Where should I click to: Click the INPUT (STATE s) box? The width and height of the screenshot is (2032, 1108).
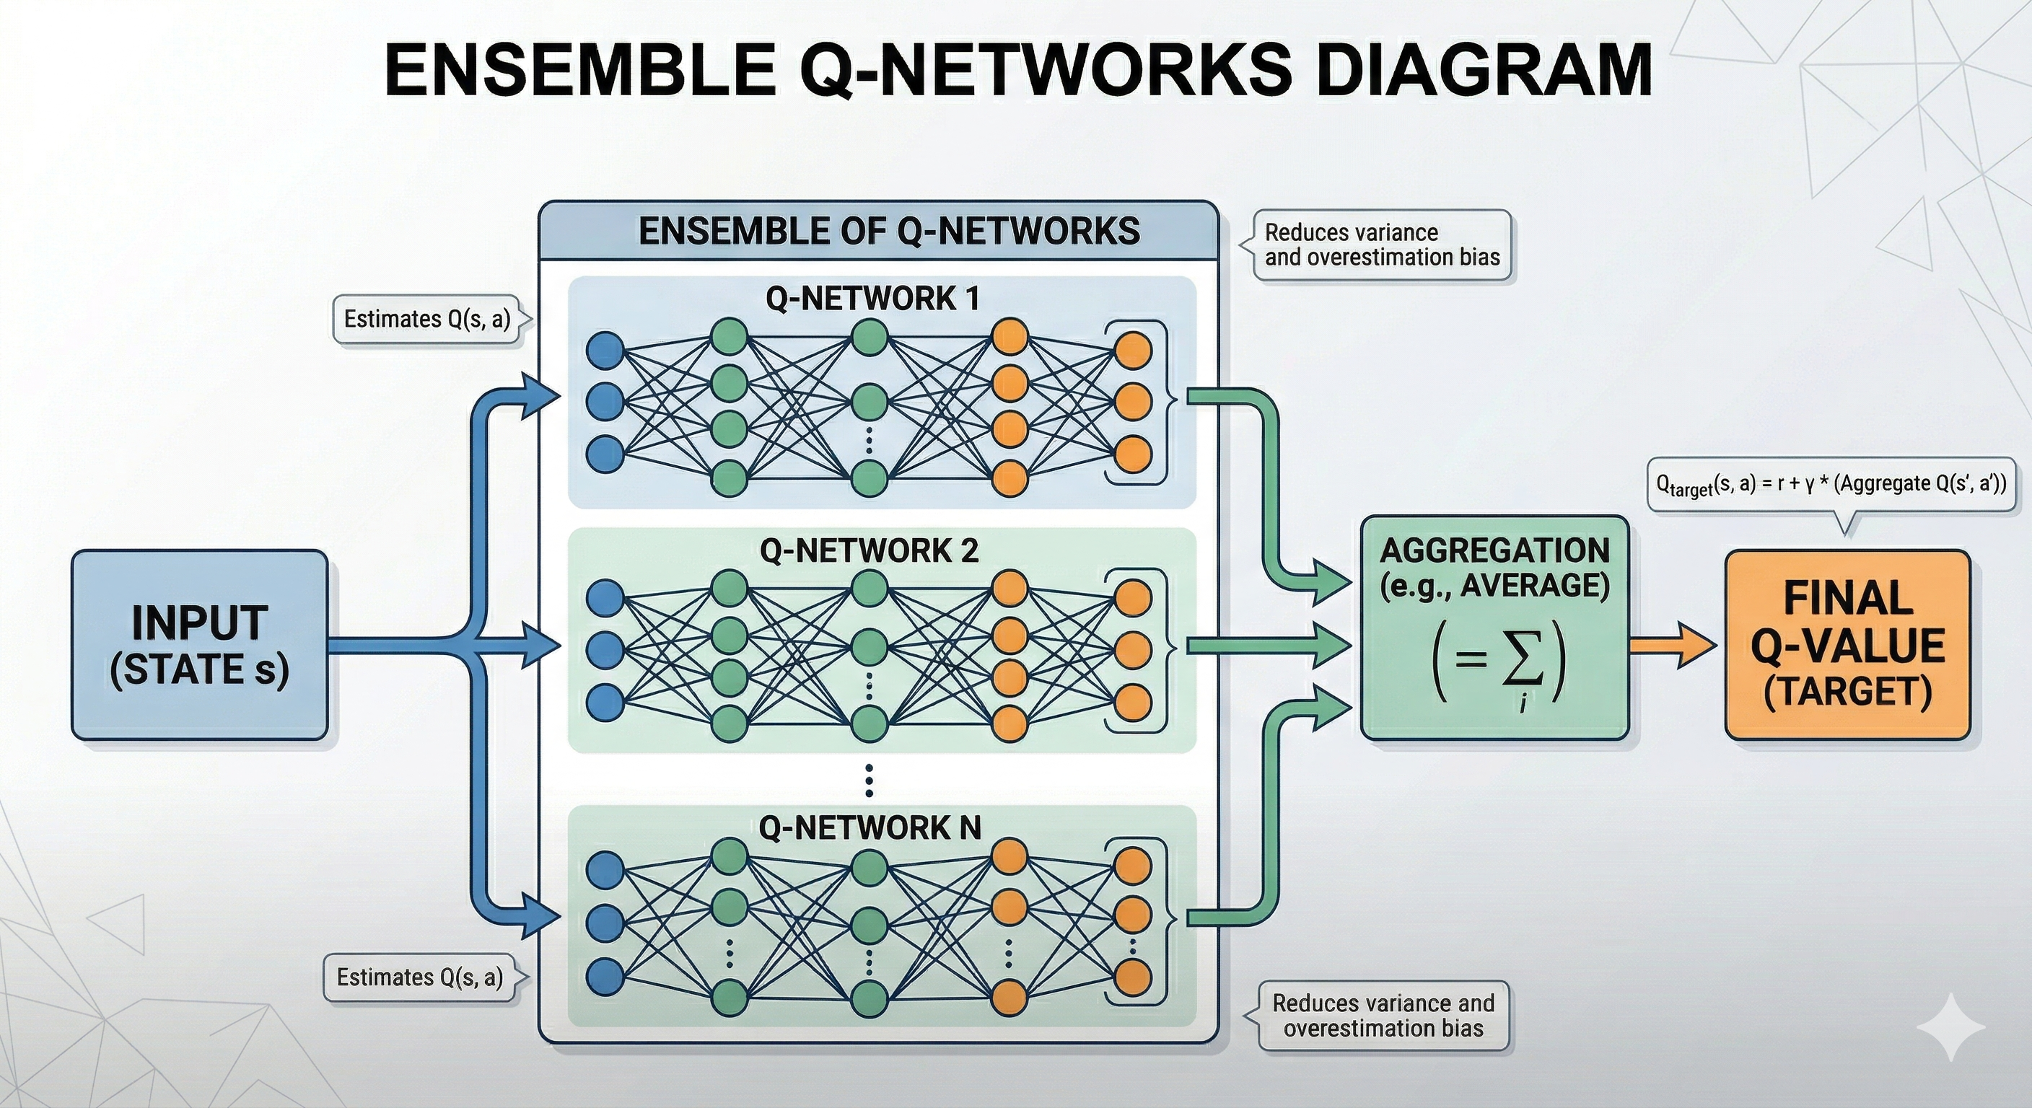200,644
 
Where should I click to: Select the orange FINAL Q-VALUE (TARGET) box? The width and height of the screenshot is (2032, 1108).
1848,644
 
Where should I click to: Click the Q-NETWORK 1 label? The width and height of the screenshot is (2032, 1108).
872,299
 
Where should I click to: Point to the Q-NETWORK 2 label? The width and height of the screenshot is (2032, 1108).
870,550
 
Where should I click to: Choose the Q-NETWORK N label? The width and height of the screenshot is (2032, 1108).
870,827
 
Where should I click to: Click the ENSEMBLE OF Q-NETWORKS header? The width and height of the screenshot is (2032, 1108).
888,231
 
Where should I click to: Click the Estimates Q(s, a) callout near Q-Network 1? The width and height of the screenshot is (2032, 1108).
427,319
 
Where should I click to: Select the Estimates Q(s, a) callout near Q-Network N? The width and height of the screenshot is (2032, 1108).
420,977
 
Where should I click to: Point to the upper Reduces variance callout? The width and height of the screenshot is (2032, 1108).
1382,245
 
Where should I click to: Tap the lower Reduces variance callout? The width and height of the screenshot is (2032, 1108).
1383,1016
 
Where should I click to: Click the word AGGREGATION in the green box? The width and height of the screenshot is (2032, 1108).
1494,550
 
